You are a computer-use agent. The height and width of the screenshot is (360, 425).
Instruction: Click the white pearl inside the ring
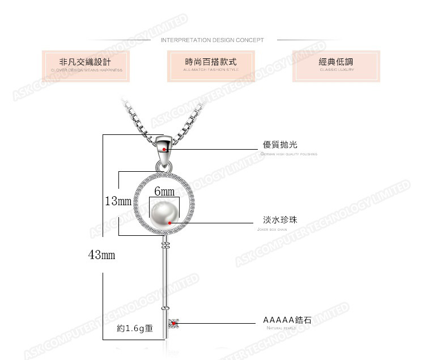click(165, 215)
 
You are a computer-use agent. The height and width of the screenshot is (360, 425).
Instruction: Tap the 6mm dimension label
click(164, 192)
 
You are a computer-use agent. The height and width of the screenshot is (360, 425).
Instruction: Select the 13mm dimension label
click(118, 201)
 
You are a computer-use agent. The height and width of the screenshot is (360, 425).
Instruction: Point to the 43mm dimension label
click(102, 255)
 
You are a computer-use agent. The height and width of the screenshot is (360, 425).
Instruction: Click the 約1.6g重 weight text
click(135, 328)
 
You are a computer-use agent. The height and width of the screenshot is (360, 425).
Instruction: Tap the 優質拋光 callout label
click(280, 145)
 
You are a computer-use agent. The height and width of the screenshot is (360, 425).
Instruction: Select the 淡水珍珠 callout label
click(280, 220)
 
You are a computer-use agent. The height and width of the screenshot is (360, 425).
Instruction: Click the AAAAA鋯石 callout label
click(287, 320)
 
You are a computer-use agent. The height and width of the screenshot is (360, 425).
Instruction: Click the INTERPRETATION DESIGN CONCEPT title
click(212, 40)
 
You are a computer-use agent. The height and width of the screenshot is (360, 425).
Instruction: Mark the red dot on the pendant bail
click(164, 150)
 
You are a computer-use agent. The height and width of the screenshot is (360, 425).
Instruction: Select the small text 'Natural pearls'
click(281, 328)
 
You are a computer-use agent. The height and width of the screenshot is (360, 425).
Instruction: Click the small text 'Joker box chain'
click(275, 229)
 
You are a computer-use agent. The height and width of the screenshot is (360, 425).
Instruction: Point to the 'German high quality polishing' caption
click(289, 154)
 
